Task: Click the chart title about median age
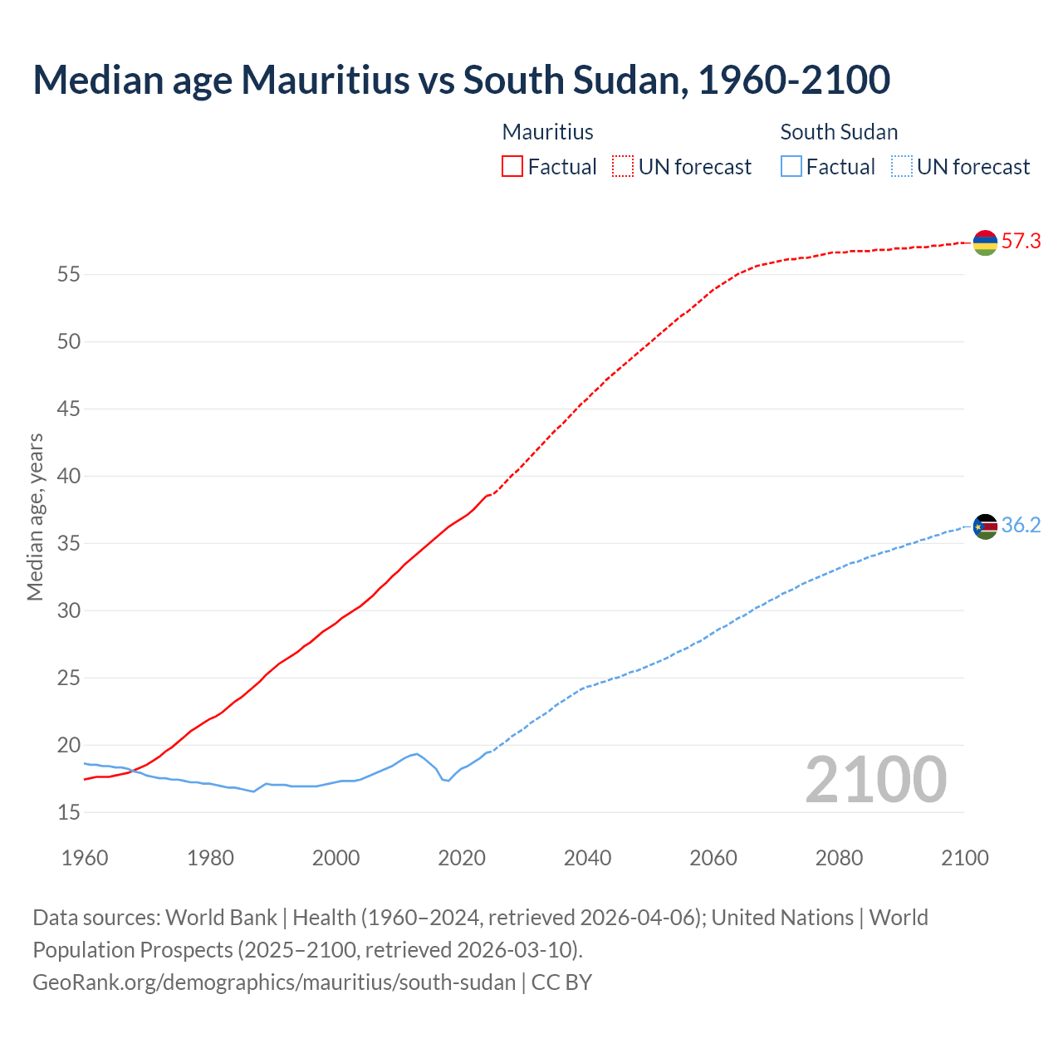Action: pyautogui.click(x=461, y=80)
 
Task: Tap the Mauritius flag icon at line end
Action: pyautogui.click(x=985, y=242)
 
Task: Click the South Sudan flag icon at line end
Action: pyautogui.click(x=985, y=527)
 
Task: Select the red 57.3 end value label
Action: pyautogui.click(x=1021, y=242)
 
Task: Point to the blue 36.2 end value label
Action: pyautogui.click(x=1021, y=526)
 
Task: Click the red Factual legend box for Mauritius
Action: pyautogui.click(x=512, y=167)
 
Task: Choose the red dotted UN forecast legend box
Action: pyautogui.click(x=623, y=167)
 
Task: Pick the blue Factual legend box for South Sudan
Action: pyautogui.click(x=791, y=167)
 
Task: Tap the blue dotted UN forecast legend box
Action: pyautogui.click(x=901, y=167)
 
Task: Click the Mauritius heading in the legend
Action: pyautogui.click(x=547, y=132)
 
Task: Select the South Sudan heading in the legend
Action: pyautogui.click(x=839, y=132)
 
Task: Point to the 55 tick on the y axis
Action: pyautogui.click(x=68, y=274)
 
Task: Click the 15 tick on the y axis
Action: pyautogui.click(x=68, y=812)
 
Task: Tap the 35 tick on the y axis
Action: pyautogui.click(x=68, y=543)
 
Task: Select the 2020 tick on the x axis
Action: pyautogui.click(x=462, y=858)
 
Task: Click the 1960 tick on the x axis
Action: pyautogui.click(x=85, y=858)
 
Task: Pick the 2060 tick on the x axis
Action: pyautogui.click(x=713, y=858)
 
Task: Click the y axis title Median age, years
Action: pyautogui.click(x=35, y=517)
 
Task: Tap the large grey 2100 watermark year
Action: pyautogui.click(x=876, y=780)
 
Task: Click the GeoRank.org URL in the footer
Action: pyautogui.click(x=274, y=982)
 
